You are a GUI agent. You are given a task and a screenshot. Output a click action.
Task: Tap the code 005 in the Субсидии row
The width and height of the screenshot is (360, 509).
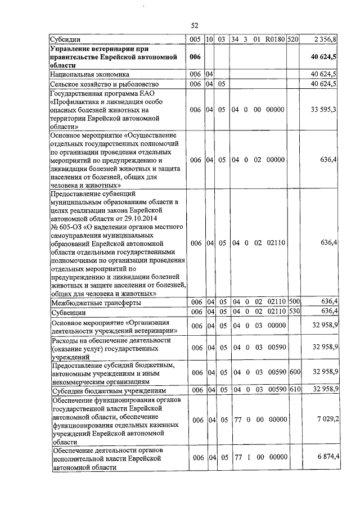pyautogui.click(x=196, y=40)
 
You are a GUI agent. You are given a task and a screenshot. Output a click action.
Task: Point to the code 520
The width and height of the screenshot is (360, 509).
pyautogui.click(x=292, y=40)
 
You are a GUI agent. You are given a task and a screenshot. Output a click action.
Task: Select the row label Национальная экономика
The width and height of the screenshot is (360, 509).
pyautogui.click(x=90, y=74)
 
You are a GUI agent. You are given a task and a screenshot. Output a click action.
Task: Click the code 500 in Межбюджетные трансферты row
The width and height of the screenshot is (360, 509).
pyautogui.click(x=294, y=303)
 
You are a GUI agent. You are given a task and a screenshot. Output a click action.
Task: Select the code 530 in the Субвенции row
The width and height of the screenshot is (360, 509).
pyautogui.click(x=294, y=312)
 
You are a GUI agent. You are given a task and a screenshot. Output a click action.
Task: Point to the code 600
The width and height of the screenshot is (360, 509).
pyautogui.click(x=294, y=372)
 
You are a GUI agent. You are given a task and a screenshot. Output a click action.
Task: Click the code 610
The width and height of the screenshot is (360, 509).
pyautogui.click(x=294, y=390)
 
